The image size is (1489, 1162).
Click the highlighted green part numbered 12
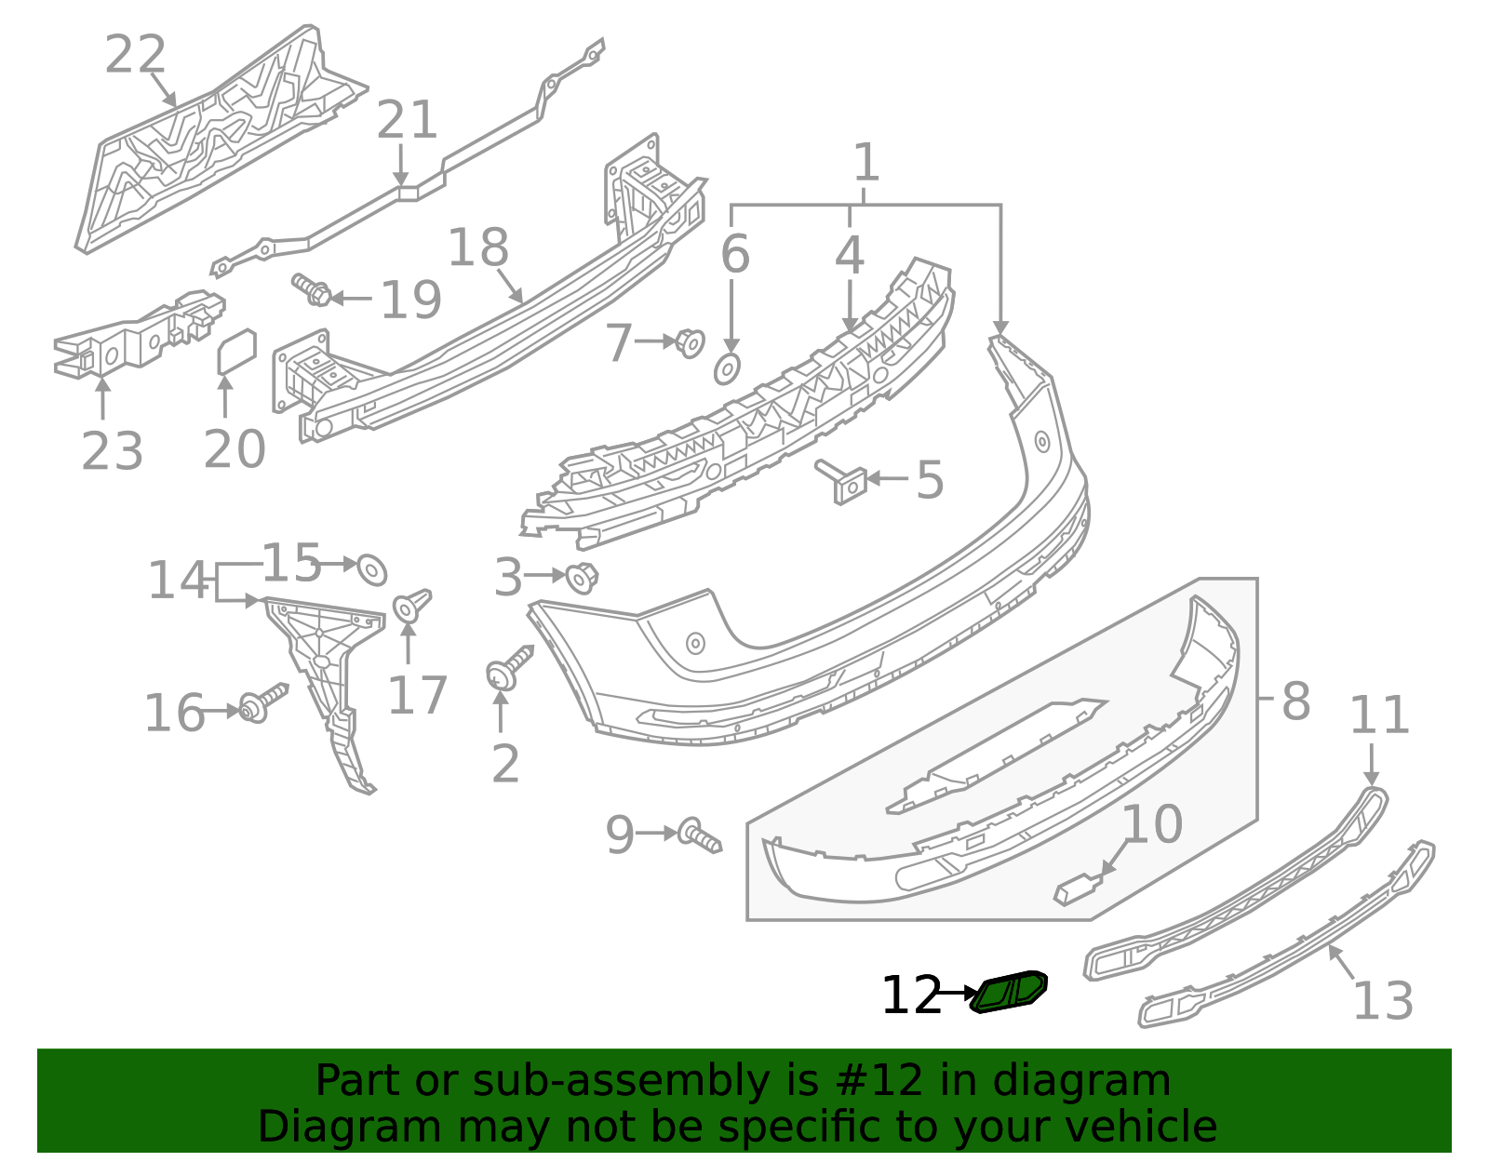click(1009, 992)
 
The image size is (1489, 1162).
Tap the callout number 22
click(135, 55)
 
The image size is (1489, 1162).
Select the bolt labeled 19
click(311, 289)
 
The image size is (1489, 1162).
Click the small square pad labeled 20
click(236, 352)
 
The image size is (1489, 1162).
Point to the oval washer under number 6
click(728, 369)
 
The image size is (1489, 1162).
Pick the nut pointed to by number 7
click(690, 342)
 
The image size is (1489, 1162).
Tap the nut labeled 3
click(582, 578)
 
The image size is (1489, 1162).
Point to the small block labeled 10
click(1076, 888)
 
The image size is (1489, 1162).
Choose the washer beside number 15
click(372, 568)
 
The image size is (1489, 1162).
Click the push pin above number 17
click(410, 606)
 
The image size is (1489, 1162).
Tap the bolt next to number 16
click(262, 704)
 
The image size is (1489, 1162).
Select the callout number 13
click(1382, 1001)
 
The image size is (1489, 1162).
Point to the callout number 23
click(112, 451)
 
